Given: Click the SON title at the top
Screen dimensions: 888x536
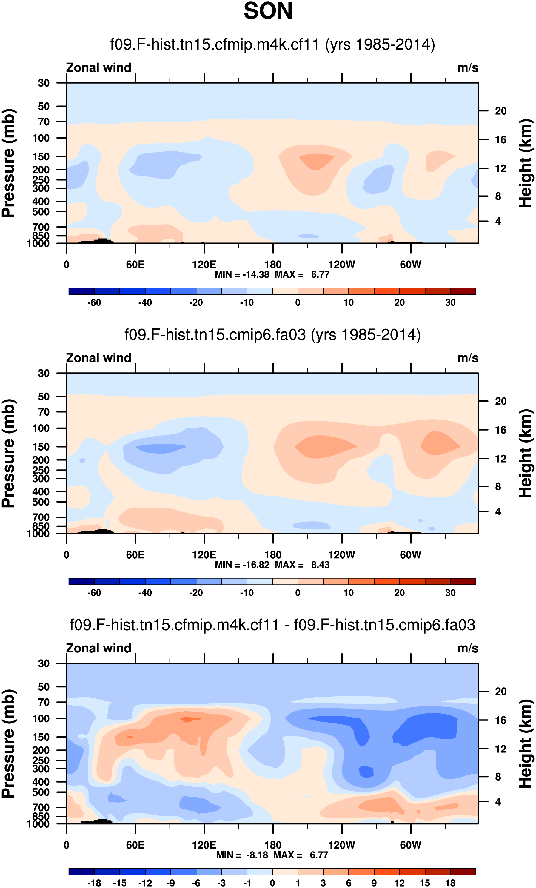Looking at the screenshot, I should [x=268, y=11].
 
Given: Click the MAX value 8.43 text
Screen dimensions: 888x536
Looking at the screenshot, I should [x=320, y=565].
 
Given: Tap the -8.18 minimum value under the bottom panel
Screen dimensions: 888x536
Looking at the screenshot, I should [x=257, y=855].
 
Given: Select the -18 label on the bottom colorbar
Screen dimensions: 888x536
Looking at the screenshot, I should [x=94, y=883].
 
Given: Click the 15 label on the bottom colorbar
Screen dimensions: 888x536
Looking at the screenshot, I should [x=425, y=883].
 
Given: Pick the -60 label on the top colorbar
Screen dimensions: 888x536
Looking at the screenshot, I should [x=94, y=303].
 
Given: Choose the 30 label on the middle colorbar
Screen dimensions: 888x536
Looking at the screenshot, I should [x=450, y=593].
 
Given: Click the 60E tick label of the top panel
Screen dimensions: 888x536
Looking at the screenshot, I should [x=135, y=265].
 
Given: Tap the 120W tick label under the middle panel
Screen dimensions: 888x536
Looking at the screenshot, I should [x=341, y=555].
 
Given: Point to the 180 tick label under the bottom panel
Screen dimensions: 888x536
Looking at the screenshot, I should [x=273, y=845].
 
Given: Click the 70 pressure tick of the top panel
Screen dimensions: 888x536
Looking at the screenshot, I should [x=44, y=122].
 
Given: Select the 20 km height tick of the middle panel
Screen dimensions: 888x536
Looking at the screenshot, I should [x=501, y=401].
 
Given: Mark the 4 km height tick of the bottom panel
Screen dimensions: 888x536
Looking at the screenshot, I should [x=498, y=802].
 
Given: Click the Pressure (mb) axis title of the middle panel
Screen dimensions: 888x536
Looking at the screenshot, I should [x=9, y=453].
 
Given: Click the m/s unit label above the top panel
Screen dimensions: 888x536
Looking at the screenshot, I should [x=468, y=68].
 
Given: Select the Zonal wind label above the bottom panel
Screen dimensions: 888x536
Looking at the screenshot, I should [x=98, y=648].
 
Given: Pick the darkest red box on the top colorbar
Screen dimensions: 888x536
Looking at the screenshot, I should [x=463, y=291].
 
